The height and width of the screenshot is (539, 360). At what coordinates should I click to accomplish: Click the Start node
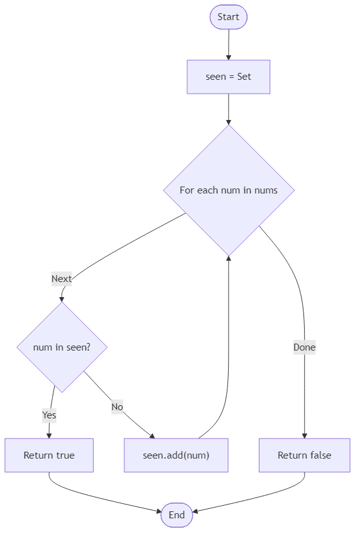click(228, 17)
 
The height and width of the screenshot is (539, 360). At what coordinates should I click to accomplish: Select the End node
click(177, 515)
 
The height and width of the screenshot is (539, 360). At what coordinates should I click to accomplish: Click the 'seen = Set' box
click(228, 77)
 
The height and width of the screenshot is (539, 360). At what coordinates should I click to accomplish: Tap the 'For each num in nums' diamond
click(228, 190)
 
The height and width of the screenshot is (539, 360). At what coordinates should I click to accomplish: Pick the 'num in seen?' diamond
click(62, 347)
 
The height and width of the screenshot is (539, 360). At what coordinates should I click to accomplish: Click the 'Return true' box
click(49, 455)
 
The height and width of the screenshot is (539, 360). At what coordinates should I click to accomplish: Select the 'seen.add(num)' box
click(176, 455)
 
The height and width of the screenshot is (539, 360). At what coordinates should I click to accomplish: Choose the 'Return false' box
click(304, 455)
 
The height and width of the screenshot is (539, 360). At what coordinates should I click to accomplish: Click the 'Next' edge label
click(62, 279)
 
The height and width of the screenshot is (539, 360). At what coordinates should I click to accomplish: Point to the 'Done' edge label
click(304, 347)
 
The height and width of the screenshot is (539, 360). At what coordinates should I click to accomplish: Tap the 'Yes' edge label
click(49, 415)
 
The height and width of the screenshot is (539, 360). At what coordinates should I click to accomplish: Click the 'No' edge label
click(117, 406)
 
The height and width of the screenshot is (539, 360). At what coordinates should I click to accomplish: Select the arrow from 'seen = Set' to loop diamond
click(228, 109)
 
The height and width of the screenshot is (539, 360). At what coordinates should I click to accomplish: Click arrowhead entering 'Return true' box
click(49, 435)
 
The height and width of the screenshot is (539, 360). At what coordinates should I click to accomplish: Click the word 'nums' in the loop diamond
click(266, 190)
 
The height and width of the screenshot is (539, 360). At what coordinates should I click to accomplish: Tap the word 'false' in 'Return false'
click(319, 455)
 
